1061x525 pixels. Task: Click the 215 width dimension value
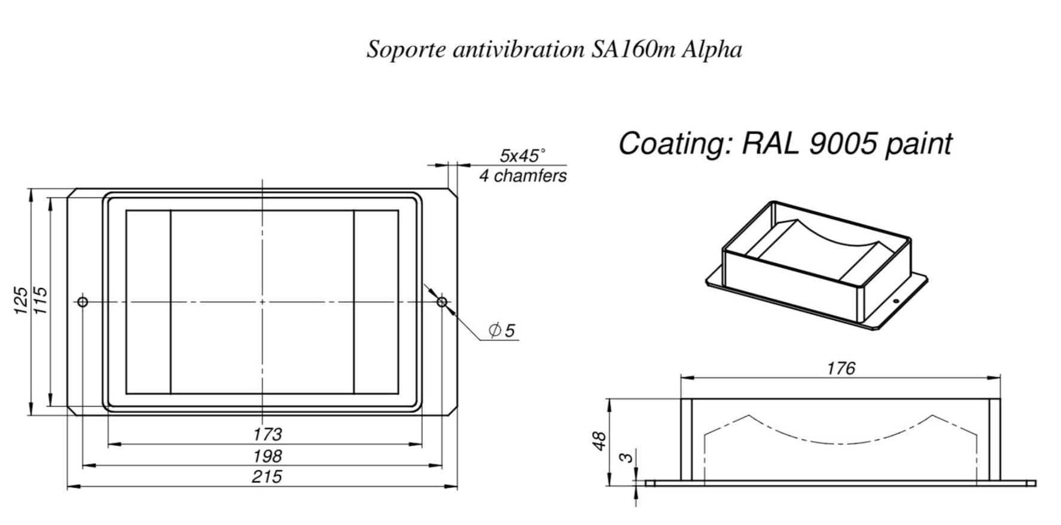click(267, 477)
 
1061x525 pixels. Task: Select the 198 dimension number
click(267, 456)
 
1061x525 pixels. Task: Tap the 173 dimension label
click(267, 434)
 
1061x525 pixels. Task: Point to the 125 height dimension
click(21, 299)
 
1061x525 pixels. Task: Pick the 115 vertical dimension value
click(41, 299)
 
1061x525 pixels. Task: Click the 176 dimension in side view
click(841, 368)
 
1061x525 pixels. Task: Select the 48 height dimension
click(600, 441)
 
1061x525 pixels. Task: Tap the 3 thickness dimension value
click(626, 458)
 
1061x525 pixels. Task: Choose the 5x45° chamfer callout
click(522, 156)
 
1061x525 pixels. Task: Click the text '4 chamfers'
click(523, 176)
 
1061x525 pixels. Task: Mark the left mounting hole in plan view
click(83, 301)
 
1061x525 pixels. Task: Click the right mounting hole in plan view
click(442, 301)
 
